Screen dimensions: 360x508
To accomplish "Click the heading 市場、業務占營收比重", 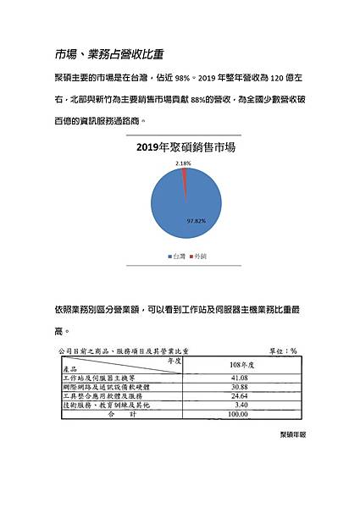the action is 109,54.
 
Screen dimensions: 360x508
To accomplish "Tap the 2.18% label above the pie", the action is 182,161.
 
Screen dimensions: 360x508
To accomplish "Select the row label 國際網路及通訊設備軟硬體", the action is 110,387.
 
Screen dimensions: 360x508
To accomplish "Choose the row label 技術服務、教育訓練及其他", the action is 110,406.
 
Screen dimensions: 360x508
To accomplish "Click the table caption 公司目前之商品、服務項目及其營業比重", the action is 124,349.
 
